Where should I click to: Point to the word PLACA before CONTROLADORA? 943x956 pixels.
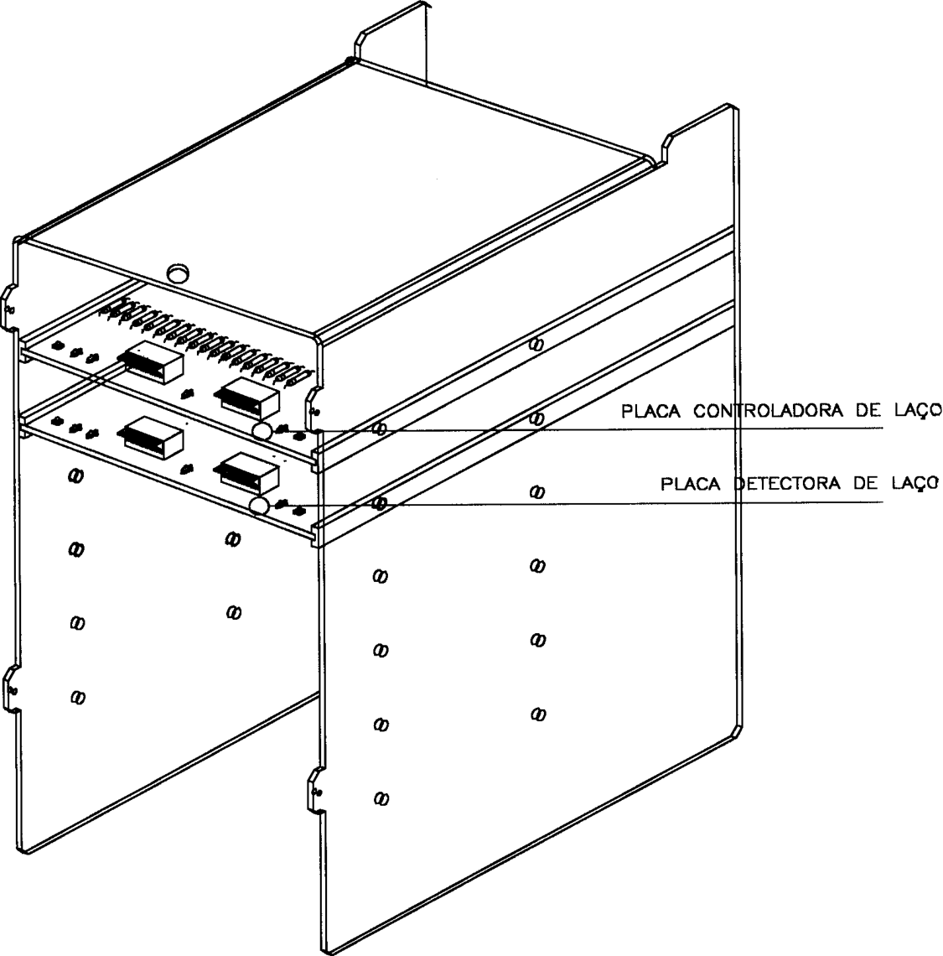pos(651,411)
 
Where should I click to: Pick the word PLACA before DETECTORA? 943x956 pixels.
pos(692,484)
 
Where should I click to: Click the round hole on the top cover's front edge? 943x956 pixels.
pos(178,272)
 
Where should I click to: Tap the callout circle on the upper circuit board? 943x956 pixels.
pos(262,431)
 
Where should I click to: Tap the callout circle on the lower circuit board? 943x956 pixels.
pos(260,506)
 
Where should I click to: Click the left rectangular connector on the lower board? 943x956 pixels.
pos(153,438)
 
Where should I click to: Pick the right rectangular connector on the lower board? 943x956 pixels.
pos(247,472)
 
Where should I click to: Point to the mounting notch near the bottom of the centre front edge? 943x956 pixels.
pos(314,791)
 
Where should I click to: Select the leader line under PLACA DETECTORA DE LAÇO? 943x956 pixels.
pos(585,504)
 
